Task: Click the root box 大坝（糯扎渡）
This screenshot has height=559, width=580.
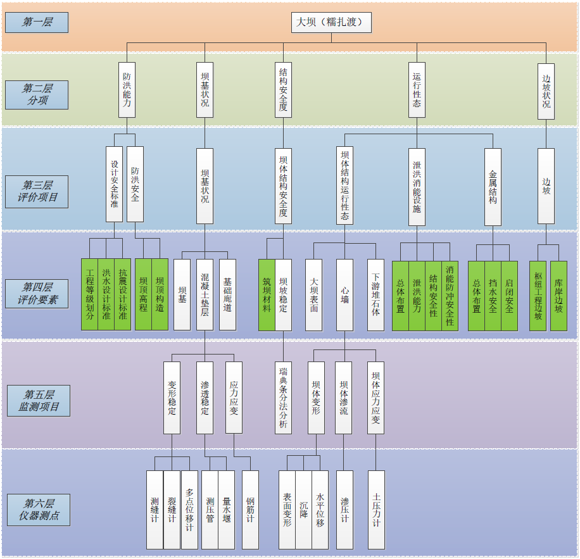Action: tap(331, 22)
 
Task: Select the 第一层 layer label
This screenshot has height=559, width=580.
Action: tap(37, 22)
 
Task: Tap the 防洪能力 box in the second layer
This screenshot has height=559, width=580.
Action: tap(127, 89)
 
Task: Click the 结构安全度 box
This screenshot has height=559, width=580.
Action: tap(283, 89)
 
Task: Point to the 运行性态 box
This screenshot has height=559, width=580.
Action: tap(417, 89)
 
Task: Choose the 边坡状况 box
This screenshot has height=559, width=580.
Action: tap(546, 91)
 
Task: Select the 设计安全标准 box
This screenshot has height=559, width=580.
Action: tap(114, 184)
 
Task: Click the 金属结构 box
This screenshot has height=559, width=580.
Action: tap(493, 187)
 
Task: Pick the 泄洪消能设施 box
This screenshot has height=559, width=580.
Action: tap(417, 187)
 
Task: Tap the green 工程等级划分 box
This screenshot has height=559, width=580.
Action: tap(90, 294)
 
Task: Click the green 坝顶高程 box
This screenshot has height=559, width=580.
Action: tap(144, 294)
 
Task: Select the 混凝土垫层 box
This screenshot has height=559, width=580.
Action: tap(205, 294)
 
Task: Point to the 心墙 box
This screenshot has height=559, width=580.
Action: tap(344, 294)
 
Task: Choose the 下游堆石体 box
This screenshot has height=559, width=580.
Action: tap(375, 294)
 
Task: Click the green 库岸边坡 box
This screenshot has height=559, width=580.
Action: tap(558, 294)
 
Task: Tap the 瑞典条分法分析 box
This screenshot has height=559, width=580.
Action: tap(283, 398)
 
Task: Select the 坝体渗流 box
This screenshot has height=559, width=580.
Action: tap(343, 398)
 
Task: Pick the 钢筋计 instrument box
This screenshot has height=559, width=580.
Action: tap(250, 509)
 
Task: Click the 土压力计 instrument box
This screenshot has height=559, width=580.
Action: tap(376, 509)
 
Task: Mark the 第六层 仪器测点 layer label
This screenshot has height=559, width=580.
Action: tap(39, 510)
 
